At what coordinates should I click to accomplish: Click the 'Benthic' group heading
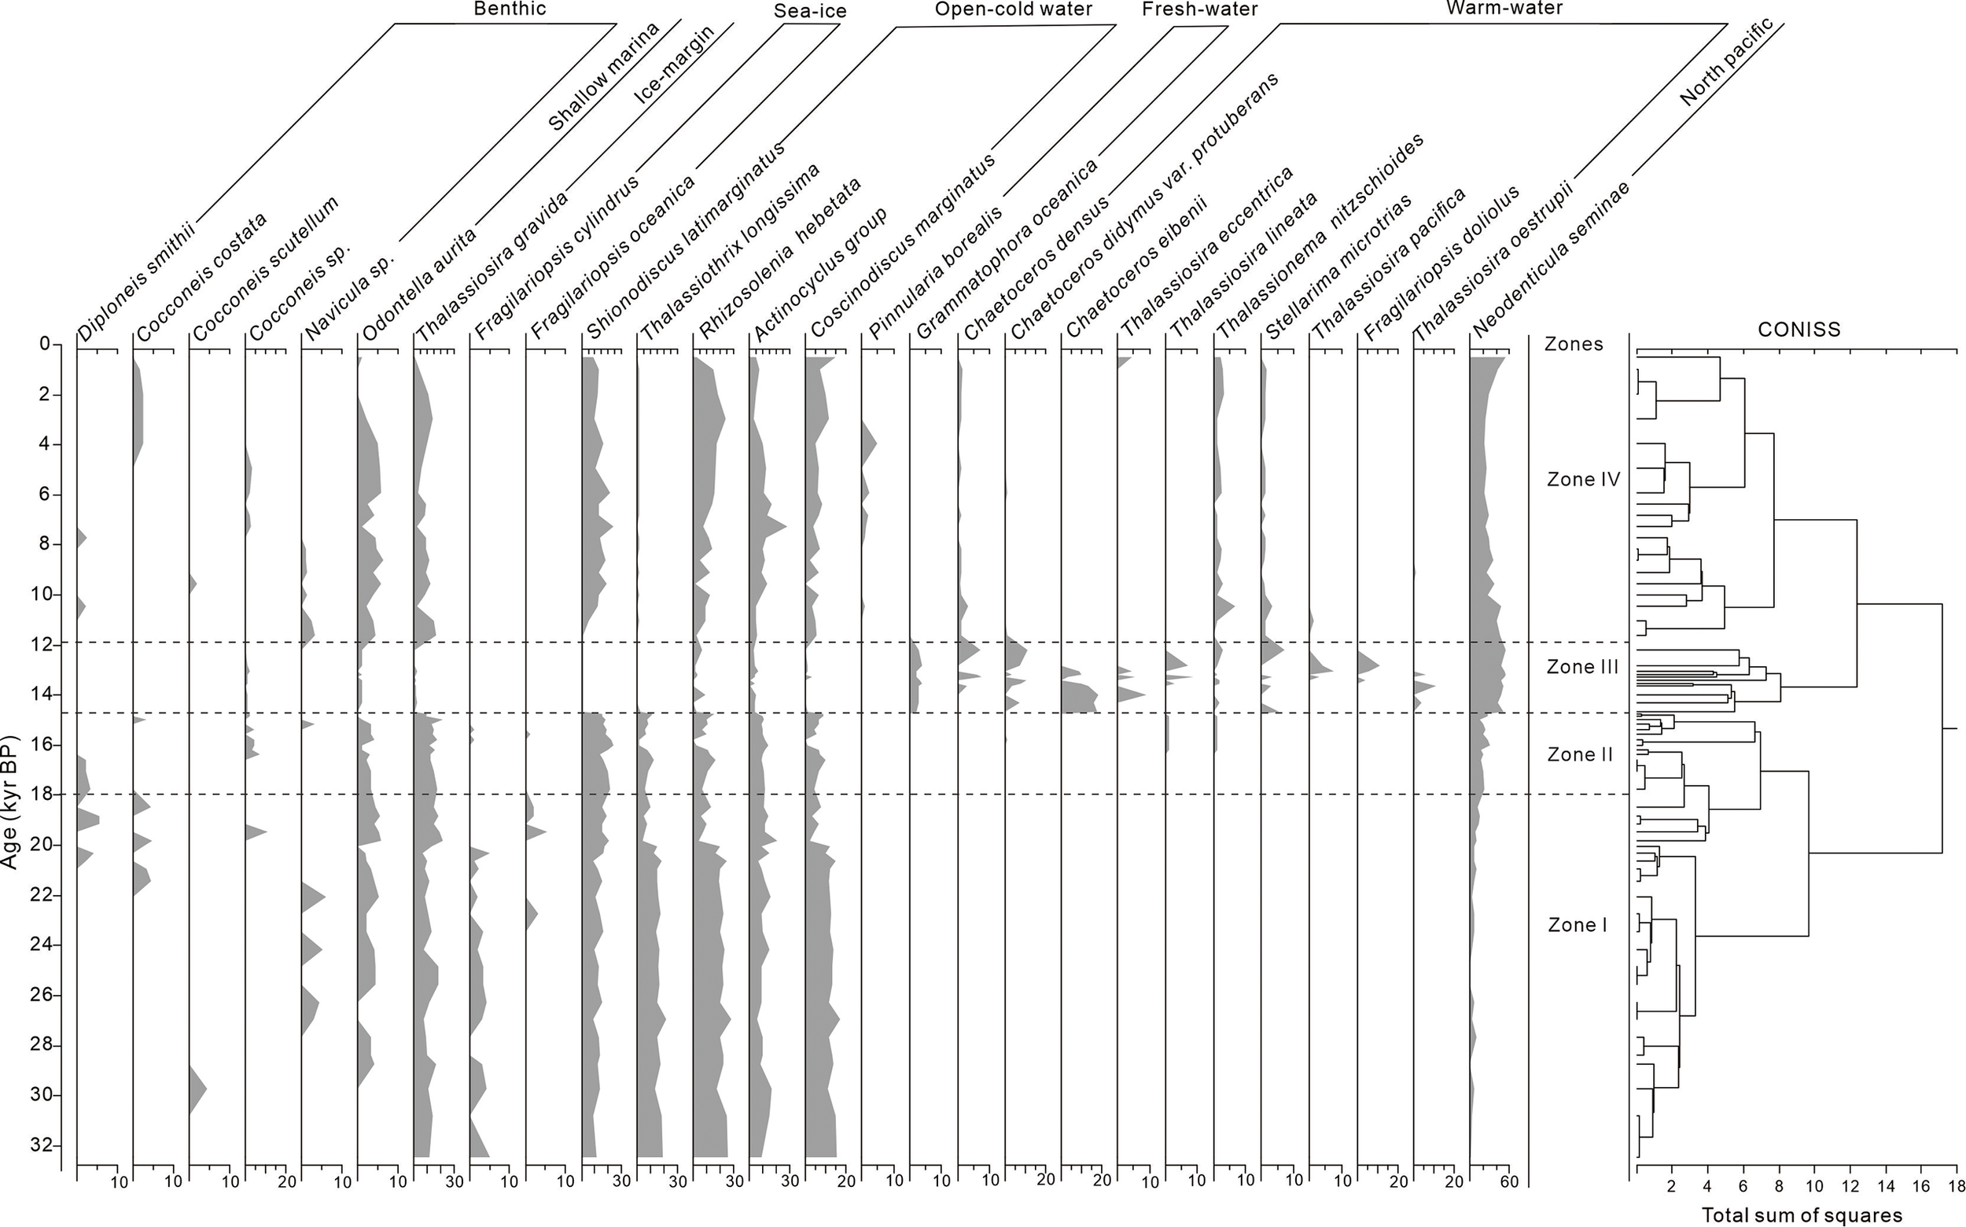click(x=510, y=9)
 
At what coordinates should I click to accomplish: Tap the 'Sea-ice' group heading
click(x=810, y=10)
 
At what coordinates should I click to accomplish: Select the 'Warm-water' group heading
click(x=1504, y=8)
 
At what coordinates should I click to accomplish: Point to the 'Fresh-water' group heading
click(x=1199, y=9)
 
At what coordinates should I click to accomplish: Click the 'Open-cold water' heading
click(x=1014, y=9)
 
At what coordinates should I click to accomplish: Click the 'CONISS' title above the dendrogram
click(x=1798, y=330)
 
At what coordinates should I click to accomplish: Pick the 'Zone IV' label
click(x=1583, y=480)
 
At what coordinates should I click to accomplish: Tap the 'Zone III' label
click(x=1582, y=667)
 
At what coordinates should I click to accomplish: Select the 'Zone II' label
click(x=1580, y=755)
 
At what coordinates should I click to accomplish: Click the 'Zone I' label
click(x=1578, y=925)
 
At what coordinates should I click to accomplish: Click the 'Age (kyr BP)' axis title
click(x=9, y=801)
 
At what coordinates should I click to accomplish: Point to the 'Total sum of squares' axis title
click(x=1802, y=1215)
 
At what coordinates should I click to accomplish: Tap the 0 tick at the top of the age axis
click(x=46, y=344)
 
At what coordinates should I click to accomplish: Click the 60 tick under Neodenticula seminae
click(x=1508, y=1182)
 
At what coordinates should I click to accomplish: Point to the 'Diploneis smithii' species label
click(x=135, y=284)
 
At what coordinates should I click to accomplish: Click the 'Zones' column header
click(x=1574, y=344)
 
